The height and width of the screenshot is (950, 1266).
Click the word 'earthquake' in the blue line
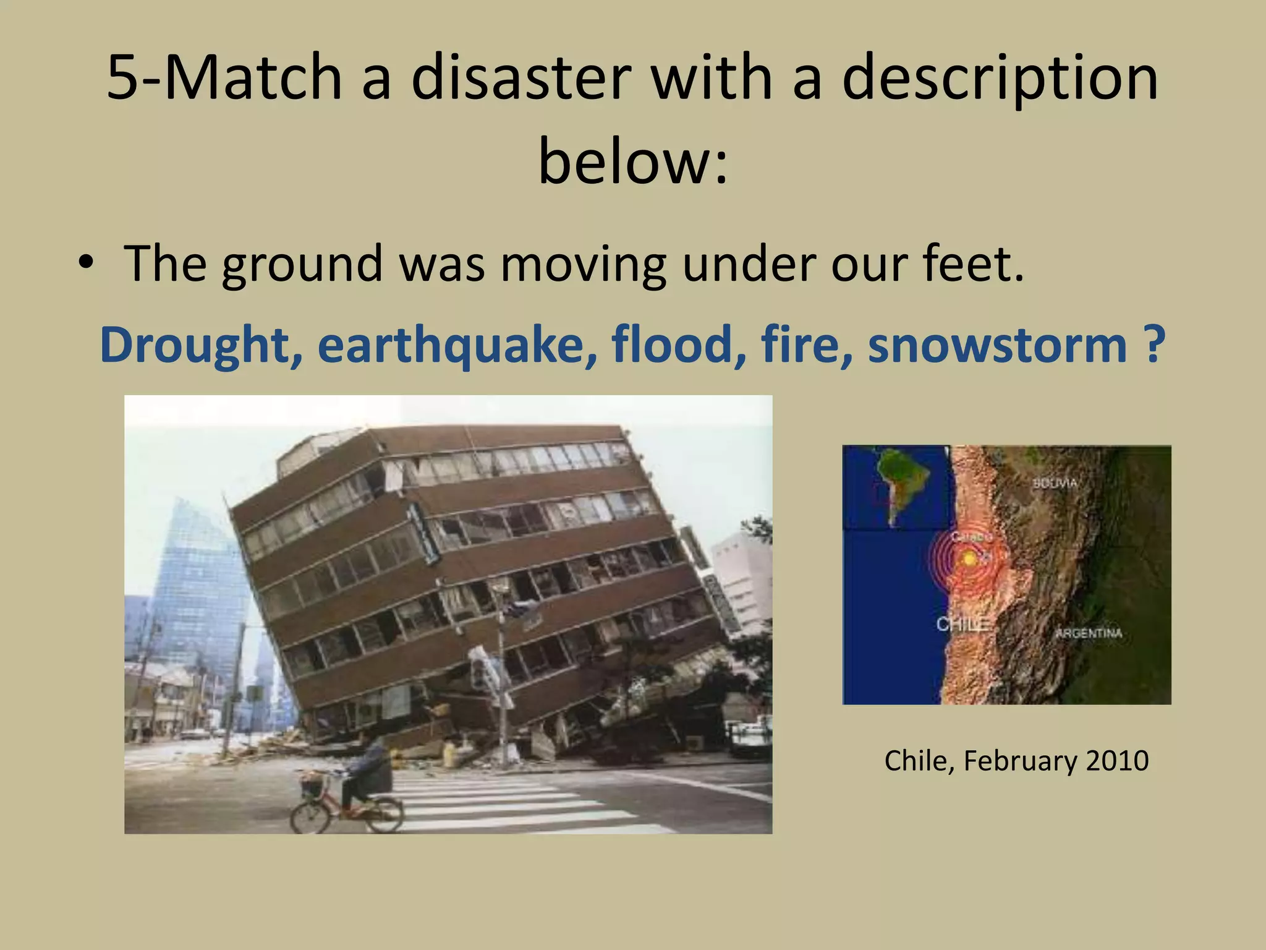click(457, 344)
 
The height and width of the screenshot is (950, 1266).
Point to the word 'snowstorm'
click(997, 344)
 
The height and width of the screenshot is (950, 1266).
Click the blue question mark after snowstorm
click(1153, 344)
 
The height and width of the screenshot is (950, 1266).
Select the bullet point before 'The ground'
click(86, 263)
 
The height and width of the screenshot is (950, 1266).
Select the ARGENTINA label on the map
click(1088, 633)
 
